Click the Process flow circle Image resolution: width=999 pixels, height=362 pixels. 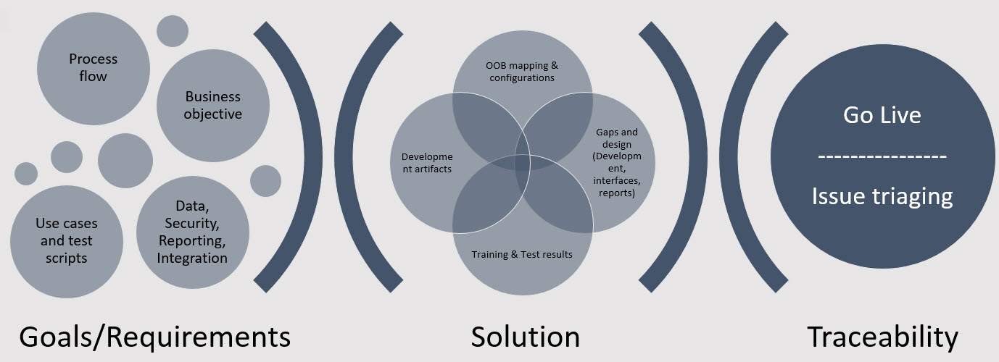(x=94, y=69)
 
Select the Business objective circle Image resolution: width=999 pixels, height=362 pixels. (x=212, y=106)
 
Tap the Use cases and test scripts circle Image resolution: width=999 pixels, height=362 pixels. (x=67, y=242)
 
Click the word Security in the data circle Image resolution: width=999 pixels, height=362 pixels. (x=192, y=223)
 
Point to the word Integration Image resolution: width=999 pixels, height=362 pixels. (x=192, y=258)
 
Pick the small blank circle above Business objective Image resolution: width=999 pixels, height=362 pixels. (x=172, y=31)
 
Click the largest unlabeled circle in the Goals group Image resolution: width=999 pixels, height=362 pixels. (x=125, y=161)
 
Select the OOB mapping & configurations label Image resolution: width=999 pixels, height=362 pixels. (x=522, y=71)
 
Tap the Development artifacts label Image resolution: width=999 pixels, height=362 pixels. (x=427, y=162)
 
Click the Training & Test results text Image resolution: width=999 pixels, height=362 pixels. (x=522, y=254)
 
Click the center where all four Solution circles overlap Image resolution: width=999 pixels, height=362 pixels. (x=523, y=162)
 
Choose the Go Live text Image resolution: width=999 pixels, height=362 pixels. (x=882, y=115)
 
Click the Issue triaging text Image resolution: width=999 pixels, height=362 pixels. (x=882, y=196)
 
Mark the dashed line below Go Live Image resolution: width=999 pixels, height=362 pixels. (x=882, y=156)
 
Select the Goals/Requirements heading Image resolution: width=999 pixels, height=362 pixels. (x=154, y=337)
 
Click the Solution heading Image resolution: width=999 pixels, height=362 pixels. (x=526, y=337)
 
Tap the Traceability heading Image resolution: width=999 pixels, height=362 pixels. (x=882, y=337)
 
